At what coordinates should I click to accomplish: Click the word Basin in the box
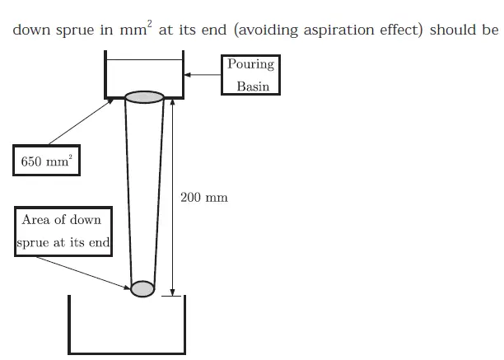pos(253,86)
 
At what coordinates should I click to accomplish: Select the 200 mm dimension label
pos(204,198)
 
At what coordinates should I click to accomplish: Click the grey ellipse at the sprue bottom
pos(142,288)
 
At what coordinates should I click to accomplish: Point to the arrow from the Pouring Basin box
pos(203,75)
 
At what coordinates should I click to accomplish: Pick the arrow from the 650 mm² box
pos(78,123)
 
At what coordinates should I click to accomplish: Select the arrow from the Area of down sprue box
pos(82,271)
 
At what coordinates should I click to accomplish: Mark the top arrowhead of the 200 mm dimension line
pos(172,101)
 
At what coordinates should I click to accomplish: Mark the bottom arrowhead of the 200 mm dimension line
pos(172,290)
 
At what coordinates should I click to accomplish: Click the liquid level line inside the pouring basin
pos(144,59)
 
